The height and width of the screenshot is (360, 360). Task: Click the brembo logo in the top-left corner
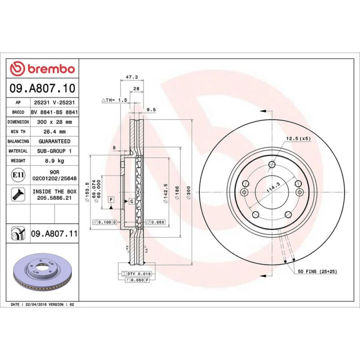tap(42, 69)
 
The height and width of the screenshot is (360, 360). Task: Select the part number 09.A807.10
tap(42, 89)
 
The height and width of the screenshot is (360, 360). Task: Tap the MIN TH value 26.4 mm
tap(54, 131)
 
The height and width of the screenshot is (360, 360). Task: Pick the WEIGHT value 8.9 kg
tap(54, 161)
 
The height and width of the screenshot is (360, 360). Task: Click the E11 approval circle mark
tap(18, 175)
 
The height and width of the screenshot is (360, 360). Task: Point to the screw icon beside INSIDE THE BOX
tap(18, 194)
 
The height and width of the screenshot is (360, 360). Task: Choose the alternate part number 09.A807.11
tap(54, 234)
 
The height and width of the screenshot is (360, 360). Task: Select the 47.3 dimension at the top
tap(132, 77)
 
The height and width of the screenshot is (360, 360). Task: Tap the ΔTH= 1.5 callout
tap(114, 100)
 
